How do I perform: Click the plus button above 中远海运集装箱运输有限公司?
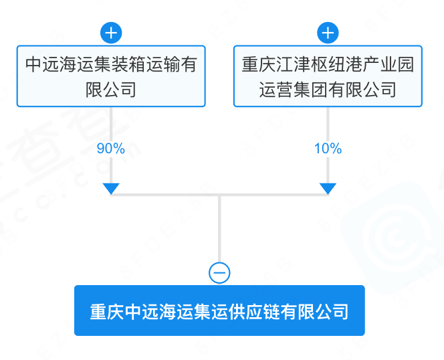[111, 33]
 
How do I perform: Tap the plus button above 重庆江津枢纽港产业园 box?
[328, 33]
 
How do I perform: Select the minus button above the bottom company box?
[219, 273]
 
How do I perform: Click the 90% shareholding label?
[111, 149]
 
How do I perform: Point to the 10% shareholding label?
[328, 149]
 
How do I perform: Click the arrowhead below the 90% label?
[111, 189]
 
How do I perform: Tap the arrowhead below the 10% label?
[328, 189]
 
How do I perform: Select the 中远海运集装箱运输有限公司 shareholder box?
[111, 76]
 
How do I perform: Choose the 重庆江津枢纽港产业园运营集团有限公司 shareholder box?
[328, 76]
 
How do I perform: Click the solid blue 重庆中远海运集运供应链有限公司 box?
[219, 310]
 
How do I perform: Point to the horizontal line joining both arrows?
[219, 195]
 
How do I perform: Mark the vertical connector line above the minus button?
[219, 229]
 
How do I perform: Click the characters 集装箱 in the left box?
[120, 64]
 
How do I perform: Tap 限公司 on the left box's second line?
[111, 90]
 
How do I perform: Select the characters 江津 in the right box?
[294, 64]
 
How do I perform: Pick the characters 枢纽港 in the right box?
[336, 64]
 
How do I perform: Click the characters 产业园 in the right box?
[388, 64]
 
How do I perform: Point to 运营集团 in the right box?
[294, 90]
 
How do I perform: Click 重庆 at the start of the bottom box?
[107, 312]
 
